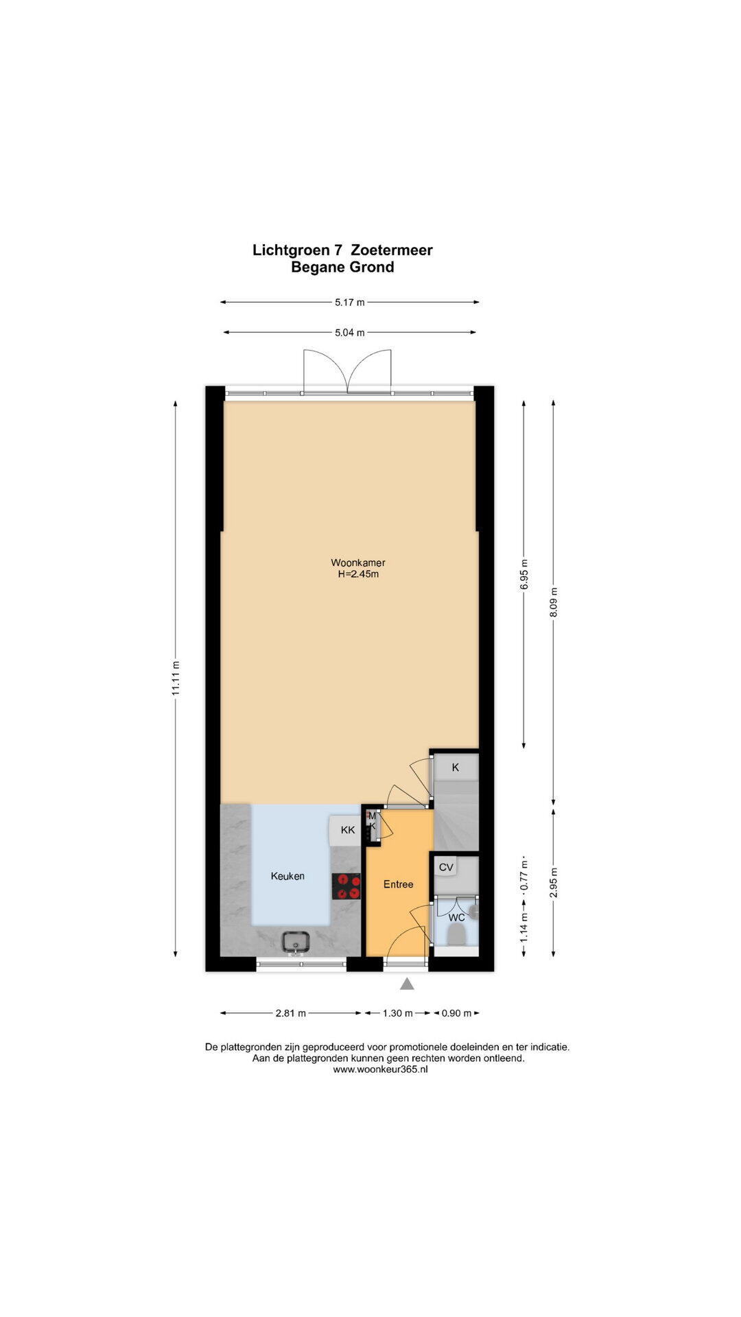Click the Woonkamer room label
click(x=358, y=563)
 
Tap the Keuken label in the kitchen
click(x=287, y=876)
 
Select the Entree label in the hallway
click(x=399, y=884)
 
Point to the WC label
click(x=457, y=917)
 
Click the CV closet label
click(x=446, y=867)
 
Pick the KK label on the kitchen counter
click(x=348, y=830)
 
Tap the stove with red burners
click(x=346, y=886)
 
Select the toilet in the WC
click(x=456, y=934)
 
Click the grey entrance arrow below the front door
click(x=408, y=984)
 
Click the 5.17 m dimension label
click(x=350, y=302)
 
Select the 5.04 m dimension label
click(x=350, y=333)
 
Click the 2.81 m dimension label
click(x=290, y=1013)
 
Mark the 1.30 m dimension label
click(x=397, y=1013)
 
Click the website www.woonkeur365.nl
click(x=380, y=1069)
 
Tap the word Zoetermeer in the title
click(x=392, y=250)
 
